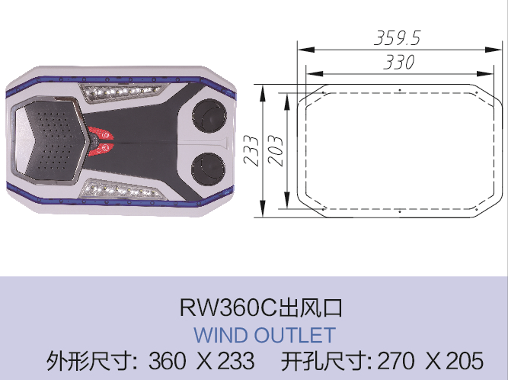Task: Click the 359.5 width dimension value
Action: point(398,37)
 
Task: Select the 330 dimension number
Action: point(399,62)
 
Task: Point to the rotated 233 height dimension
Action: point(251,151)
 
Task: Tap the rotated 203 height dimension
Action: point(276,151)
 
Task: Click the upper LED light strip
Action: point(123,92)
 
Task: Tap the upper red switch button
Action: point(102,134)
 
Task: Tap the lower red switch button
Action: point(101,150)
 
